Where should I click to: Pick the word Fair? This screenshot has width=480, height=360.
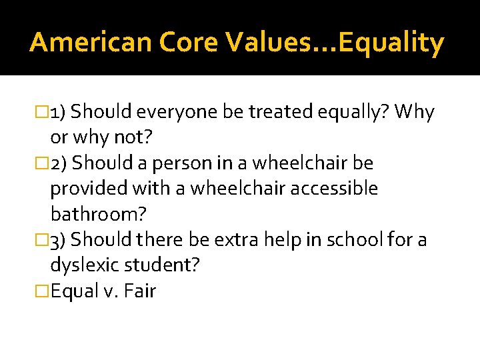click(x=139, y=291)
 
